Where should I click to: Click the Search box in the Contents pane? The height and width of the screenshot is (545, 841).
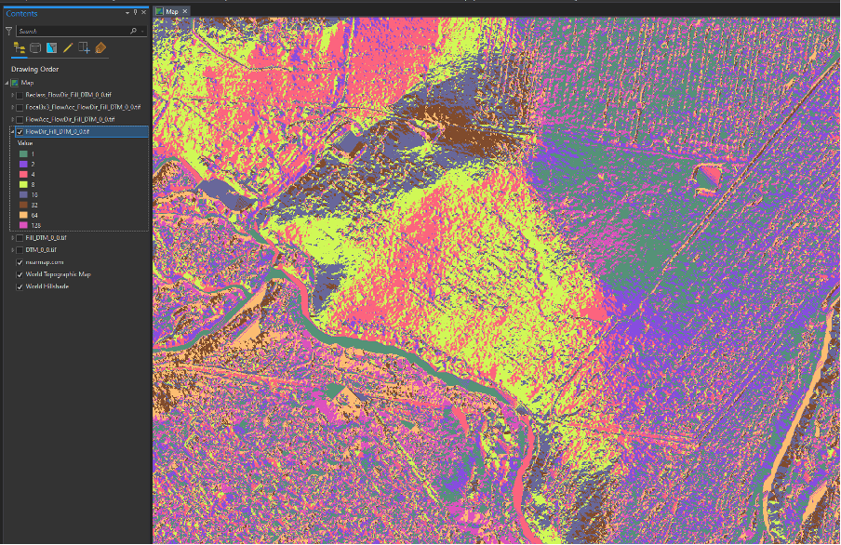[x=70, y=31]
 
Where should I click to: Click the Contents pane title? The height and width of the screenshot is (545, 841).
[x=22, y=13]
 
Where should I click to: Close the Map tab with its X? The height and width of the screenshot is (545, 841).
[x=185, y=11]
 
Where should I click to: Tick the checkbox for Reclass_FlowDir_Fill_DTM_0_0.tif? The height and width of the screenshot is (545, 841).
[x=20, y=95]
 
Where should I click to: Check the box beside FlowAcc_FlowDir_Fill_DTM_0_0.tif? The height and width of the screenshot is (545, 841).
[x=20, y=119]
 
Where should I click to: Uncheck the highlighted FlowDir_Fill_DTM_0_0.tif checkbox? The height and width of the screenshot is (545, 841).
[x=20, y=132]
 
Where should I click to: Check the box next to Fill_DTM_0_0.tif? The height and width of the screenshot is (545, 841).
[x=20, y=238]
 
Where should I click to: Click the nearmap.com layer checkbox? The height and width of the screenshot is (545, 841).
[x=20, y=262]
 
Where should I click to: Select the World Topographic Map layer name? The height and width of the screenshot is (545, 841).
[x=58, y=274]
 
